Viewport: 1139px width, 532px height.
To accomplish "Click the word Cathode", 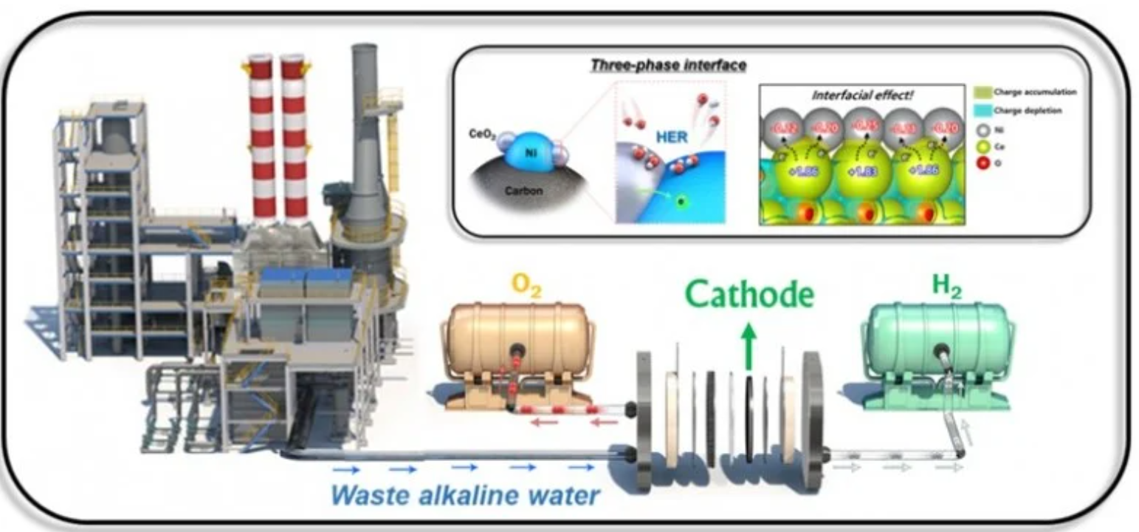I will [x=749, y=294].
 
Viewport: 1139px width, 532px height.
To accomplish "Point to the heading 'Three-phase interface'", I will [x=667, y=65].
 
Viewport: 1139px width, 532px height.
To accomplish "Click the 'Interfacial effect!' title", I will [x=862, y=95].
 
